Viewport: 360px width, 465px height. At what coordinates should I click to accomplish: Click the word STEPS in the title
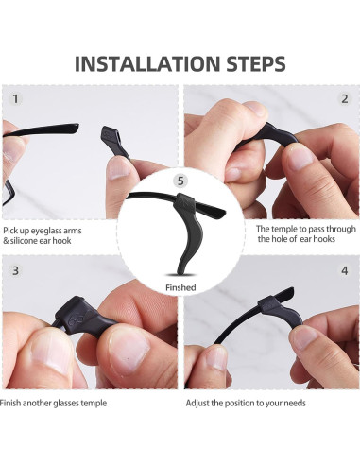tap(249, 63)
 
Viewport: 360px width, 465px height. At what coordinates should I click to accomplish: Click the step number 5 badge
tap(180, 181)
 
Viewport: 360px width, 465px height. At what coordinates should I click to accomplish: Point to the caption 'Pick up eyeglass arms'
tap(48, 230)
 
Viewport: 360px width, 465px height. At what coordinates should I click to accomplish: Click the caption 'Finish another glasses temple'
tap(55, 403)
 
